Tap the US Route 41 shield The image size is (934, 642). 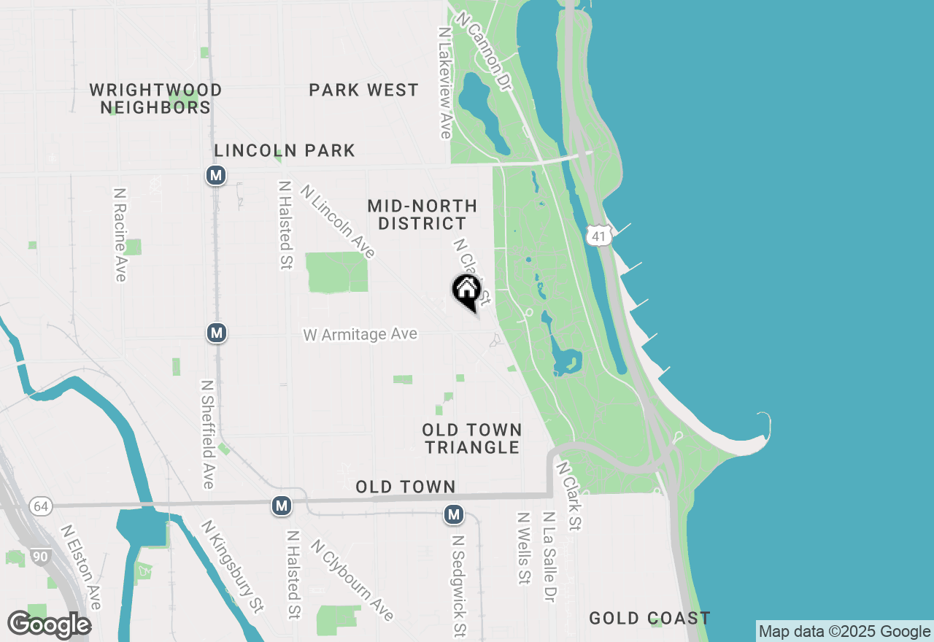[598, 236]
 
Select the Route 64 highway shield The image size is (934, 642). [41, 506]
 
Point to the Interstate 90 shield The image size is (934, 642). [41, 557]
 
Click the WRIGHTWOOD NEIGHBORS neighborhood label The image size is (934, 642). [155, 98]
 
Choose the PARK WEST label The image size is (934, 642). [363, 90]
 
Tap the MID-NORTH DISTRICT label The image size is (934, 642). [422, 214]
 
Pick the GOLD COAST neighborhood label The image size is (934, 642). [649, 619]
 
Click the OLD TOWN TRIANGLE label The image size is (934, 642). [472, 438]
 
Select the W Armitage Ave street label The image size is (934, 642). [360, 334]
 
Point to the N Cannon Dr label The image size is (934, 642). [485, 51]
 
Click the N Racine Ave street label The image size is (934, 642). [120, 235]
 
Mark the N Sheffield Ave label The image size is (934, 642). [207, 434]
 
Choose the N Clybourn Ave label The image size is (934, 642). [352, 579]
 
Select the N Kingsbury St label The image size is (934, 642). [232, 566]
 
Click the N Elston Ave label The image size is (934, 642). [80, 567]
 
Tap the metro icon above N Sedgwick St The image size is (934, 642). [454, 515]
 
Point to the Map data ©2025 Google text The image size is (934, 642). [844, 632]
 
